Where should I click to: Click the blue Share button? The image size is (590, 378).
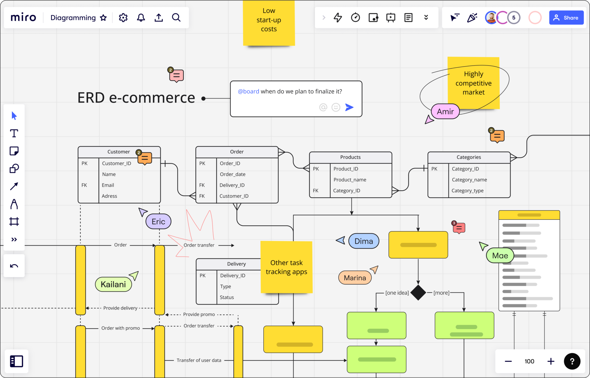click(x=566, y=18)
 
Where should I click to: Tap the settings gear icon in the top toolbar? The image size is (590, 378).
click(x=123, y=18)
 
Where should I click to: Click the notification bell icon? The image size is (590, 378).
click(x=141, y=18)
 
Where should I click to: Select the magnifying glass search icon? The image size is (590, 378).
click(x=176, y=18)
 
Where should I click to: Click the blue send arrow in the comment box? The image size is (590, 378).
click(x=349, y=107)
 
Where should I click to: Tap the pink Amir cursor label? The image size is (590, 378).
click(x=445, y=111)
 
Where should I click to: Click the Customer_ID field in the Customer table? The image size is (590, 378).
click(x=116, y=163)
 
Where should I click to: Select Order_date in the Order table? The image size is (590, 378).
click(x=232, y=174)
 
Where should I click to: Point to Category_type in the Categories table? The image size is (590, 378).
click(x=468, y=191)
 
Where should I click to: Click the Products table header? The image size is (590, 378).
click(x=350, y=157)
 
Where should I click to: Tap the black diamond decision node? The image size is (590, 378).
click(x=418, y=293)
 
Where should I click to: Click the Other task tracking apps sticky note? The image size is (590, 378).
click(x=286, y=267)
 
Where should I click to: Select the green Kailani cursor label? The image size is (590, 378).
click(x=113, y=284)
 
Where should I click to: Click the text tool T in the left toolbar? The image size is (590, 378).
click(x=14, y=133)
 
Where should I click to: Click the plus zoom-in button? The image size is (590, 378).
click(x=551, y=361)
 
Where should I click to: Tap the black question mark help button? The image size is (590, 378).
click(x=572, y=361)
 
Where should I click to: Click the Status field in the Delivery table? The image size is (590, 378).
click(x=227, y=297)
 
